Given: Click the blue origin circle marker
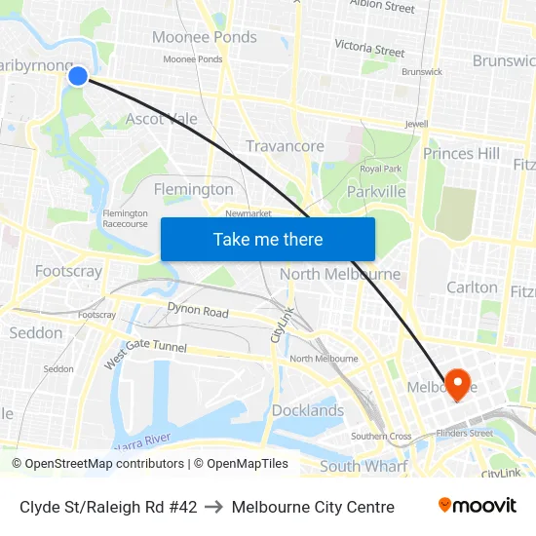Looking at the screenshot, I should [x=78, y=76].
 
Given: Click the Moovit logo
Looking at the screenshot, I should [x=477, y=506].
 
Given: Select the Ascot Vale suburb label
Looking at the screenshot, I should [x=162, y=119].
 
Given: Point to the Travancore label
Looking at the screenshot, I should [x=285, y=146].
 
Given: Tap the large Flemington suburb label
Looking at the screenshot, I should [x=194, y=189].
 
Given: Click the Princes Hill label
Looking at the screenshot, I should [x=461, y=153].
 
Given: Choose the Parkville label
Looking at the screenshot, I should [x=376, y=192].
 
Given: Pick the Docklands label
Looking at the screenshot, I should [x=308, y=410].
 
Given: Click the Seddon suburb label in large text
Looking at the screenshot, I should [x=36, y=332].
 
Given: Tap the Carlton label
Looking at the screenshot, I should [x=472, y=287].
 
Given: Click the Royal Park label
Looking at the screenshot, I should [x=380, y=169].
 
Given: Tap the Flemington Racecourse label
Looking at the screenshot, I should [x=125, y=218].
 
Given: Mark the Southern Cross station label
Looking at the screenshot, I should [x=381, y=437].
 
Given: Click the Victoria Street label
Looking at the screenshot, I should [x=369, y=47].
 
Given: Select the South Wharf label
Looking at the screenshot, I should [x=364, y=467].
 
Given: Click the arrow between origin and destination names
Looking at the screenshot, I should [x=214, y=507].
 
